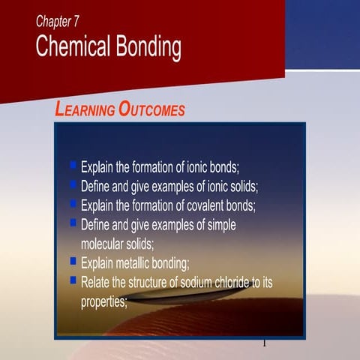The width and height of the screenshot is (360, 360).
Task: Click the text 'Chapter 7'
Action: click(x=57, y=22)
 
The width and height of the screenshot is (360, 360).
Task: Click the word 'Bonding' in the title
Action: click(x=148, y=47)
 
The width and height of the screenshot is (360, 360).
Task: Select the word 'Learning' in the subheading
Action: click(x=85, y=109)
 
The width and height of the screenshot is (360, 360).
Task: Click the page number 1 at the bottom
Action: click(x=264, y=343)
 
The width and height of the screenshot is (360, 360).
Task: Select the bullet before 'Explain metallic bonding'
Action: click(x=73, y=262)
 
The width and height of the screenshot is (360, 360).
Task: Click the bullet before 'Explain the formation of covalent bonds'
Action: click(x=73, y=203)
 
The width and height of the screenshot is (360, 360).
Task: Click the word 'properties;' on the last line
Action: click(x=104, y=301)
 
